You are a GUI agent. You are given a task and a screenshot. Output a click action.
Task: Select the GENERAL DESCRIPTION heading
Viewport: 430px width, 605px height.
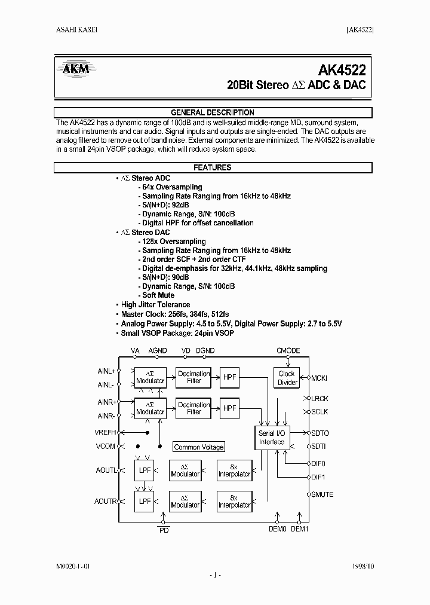(x=213, y=112)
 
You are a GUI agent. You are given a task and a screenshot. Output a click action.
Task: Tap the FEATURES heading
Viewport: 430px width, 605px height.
(x=213, y=168)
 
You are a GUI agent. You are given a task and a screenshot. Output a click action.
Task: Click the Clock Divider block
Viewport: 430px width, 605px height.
(x=287, y=378)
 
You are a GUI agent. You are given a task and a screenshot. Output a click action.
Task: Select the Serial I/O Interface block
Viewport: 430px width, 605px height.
(x=272, y=438)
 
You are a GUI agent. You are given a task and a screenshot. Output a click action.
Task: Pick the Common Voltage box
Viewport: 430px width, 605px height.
(x=199, y=447)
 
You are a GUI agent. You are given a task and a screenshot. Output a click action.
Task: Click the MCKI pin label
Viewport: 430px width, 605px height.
(x=320, y=378)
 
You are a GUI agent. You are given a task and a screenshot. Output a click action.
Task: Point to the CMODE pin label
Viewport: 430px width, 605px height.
(x=288, y=351)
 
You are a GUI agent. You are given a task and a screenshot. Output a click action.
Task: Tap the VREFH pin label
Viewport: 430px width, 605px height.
(x=106, y=432)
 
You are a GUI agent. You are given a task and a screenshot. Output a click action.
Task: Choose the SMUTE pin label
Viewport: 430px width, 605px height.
(x=322, y=494)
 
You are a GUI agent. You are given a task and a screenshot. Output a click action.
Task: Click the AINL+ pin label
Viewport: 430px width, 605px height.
(x=106, y=371)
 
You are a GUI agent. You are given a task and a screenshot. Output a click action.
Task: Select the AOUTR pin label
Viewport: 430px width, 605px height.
(x=106, y=502)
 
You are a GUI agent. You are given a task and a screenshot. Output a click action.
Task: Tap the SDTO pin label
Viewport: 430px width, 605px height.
(x=320, y=433)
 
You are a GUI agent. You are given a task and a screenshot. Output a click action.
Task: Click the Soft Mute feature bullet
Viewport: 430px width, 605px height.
(x=158, y=295)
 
